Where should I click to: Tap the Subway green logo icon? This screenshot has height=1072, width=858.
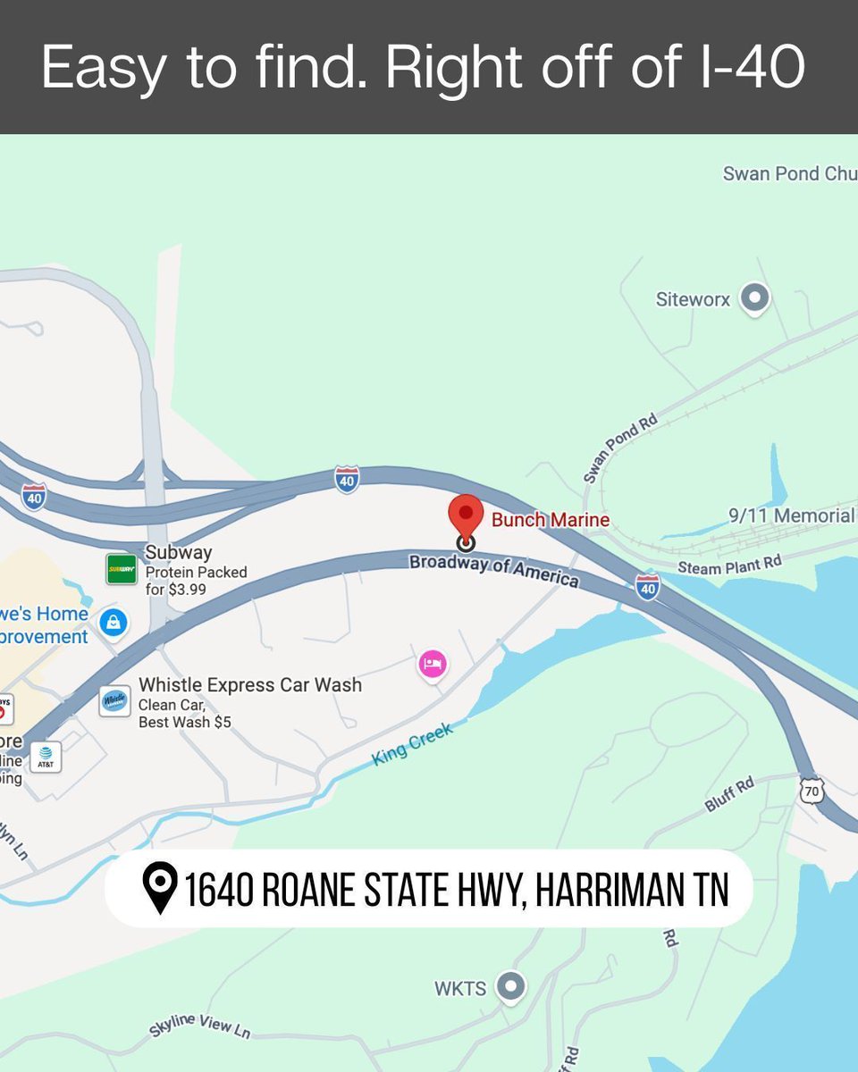click(121, 569)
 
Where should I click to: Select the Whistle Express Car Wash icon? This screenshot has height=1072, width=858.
click(114, 701)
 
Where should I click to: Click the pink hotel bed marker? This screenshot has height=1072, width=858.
click(433, 665)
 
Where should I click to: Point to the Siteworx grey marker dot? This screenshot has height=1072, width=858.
click(755, 299)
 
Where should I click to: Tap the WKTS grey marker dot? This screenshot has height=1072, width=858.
click(510, 987)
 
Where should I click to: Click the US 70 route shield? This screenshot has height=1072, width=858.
click(812, 791)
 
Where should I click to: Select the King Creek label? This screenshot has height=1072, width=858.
click(412, 743)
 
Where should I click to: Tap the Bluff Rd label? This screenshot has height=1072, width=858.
click(729, 794)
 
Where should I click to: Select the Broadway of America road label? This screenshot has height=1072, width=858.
click(493, 570)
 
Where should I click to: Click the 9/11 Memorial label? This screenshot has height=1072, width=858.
click(791, 516)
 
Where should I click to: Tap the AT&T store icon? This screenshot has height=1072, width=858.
click(46, 758)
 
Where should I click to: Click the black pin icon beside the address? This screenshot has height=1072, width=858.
click(160, 888)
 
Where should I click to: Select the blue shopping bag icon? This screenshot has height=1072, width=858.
click(113, 623)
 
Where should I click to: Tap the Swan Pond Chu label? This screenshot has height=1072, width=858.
click(789, 173)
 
